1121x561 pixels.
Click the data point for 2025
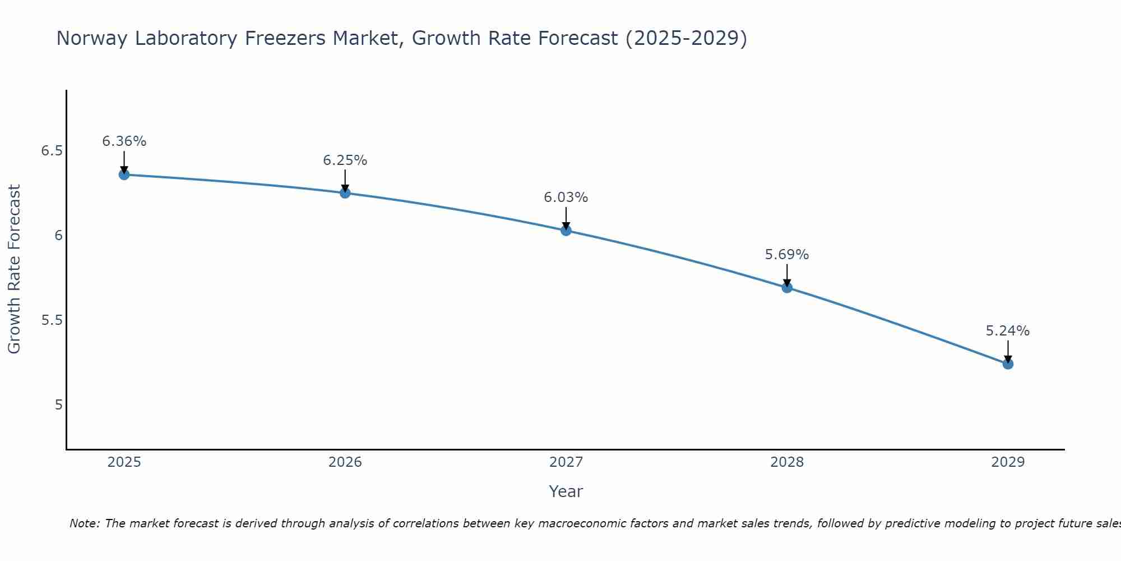coord(124,174)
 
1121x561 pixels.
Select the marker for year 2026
coord(345,193)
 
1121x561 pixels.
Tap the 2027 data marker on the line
coord(566,230)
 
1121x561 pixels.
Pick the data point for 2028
coord(787,288)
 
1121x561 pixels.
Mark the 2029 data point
coord(1008,364)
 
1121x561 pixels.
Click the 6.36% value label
coord(124,141)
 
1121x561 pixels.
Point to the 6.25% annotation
coord(345,160)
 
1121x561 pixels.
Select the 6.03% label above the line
coord(566,197)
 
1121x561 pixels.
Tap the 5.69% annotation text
coord(787,255)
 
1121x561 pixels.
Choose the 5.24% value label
coord(1008,331)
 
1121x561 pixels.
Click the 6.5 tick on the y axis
coord(52,151)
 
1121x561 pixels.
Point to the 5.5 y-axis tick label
coord(52,320)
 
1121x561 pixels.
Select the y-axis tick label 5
coord(58,405)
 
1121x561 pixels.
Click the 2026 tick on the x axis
coord(345,462)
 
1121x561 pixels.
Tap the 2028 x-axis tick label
coord(787,462)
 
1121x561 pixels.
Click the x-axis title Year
coord(566,491)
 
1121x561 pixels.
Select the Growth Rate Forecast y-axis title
coord(14,269)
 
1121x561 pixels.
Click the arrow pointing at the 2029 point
coord(1008,351)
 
